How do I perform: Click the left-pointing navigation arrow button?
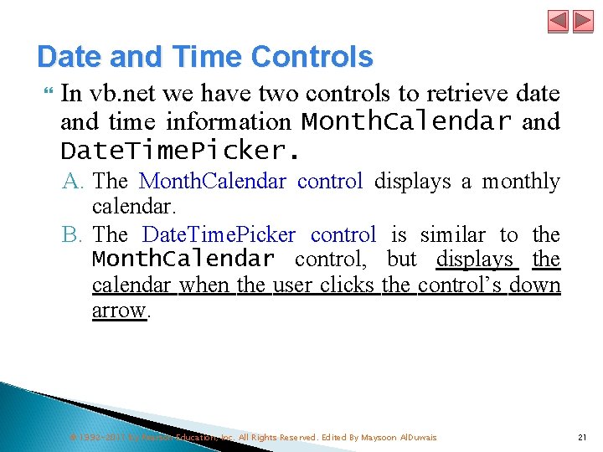(x=559, y=21)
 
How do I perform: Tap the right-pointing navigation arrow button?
(x=582, y=21)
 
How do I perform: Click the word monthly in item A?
(x=520, y=182)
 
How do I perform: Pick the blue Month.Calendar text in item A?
(x=213, y=182)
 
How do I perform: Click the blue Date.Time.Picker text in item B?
(x=219, y=235)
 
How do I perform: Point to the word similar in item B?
(x=452, y=235)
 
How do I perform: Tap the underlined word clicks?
(x=346, y=285)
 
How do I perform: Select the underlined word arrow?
(x=119, y=311)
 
